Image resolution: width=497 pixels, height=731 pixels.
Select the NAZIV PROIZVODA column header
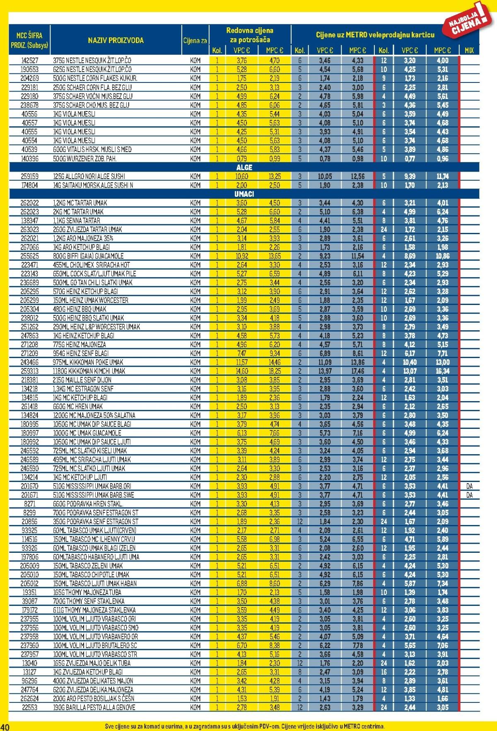pos(116,40)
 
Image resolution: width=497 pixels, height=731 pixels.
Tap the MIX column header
pos(469,51)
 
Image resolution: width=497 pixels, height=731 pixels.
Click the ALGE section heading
pos(244,167)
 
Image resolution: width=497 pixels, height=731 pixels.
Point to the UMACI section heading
pos(244,194)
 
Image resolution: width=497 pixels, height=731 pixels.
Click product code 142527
pos(29,61)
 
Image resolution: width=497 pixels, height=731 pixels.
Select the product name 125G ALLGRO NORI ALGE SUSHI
pos(89,176)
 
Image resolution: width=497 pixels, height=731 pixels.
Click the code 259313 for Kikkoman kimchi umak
pos(29,371)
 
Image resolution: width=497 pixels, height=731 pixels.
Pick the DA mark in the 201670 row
pos(469,486)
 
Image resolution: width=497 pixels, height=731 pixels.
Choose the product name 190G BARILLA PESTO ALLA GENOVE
pos(94,707)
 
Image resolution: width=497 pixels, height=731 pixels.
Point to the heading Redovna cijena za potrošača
pos(250,35)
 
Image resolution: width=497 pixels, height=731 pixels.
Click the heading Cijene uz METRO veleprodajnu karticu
pos(375,35)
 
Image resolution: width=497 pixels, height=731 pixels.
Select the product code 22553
pos(29,707)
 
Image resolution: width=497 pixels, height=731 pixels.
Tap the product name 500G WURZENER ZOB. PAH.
pos(84,158)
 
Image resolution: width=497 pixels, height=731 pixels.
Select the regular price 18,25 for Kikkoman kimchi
pos(274,371)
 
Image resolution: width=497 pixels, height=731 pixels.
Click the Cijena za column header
pos(195,41)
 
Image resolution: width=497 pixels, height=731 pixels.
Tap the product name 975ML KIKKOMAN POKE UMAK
pos(88,362)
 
